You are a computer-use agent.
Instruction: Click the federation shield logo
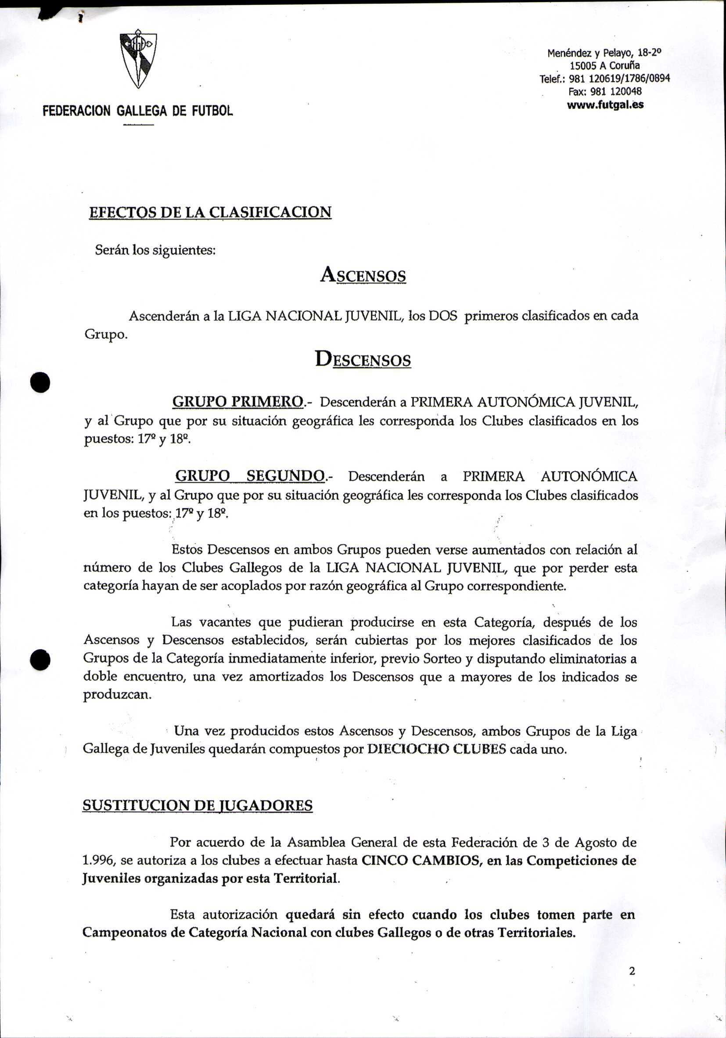point(138,59)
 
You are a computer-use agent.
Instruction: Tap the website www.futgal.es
point(605,105)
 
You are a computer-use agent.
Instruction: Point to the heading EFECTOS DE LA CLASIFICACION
point(210,212)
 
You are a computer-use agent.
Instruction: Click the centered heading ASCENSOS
point(363,275)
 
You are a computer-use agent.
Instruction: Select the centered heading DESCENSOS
point(363,360)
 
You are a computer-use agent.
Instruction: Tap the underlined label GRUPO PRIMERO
point(238,401)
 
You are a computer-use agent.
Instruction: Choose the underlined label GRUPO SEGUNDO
point(249,476)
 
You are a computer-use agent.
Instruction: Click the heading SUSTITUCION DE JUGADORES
point(198,805)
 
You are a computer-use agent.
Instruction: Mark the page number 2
point(632,971)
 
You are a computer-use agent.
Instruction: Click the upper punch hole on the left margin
point(40,382)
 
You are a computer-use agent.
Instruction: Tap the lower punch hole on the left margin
point(40,660)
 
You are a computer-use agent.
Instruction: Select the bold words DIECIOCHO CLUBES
point(436,749)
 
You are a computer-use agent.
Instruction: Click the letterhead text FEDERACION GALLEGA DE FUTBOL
point(137,111)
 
